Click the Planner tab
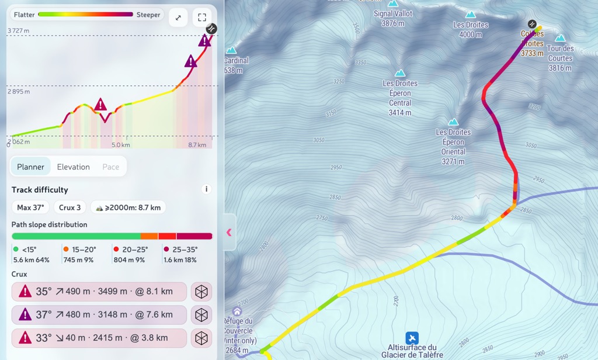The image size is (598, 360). pos(30,167)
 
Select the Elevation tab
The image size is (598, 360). pos(73,167)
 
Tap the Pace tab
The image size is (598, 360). pos(110,167)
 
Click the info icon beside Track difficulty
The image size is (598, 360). pos(206,189)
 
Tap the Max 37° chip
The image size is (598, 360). pos(32,207)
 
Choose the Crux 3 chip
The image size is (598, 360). pos(70,207)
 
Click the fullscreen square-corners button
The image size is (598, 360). pos(201,18)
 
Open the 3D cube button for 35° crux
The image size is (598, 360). pos(201,291)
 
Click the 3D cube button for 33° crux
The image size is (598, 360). pos(201,338)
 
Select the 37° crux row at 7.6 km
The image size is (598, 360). pos(99,314)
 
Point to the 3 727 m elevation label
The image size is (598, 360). pos(19,30)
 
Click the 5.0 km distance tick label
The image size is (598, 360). pos(120,145)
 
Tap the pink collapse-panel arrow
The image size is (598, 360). pos(229,232)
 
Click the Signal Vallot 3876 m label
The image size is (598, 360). pos(392,18)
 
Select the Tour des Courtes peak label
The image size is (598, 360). pos(560,58)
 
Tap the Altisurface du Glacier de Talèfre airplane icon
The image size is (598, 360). pos(412,338)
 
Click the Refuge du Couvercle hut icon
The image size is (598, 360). pos(237,311)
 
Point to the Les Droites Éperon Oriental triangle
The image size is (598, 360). pos(453,122)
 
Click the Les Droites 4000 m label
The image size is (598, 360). pos(471,29)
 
